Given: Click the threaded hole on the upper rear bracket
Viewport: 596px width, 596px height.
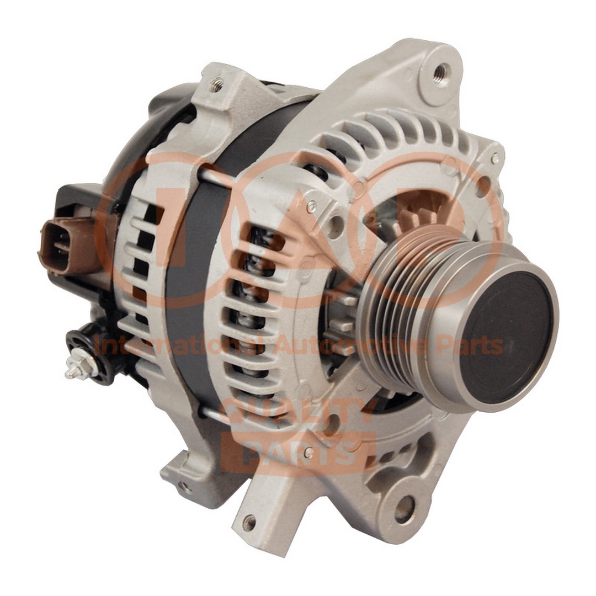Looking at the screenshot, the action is [217, 83].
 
